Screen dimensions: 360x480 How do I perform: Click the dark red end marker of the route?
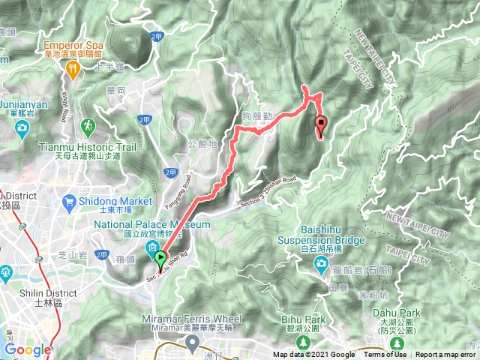[322, 124]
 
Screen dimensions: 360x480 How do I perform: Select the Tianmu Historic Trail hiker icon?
[88, 124]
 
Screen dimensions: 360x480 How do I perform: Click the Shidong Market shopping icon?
[70, 201]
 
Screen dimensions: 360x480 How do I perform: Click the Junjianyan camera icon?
[22, 127]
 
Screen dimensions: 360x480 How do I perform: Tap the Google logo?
[28, 349]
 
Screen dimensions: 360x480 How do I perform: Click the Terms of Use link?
[386, 355]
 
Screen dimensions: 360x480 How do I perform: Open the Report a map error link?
[446, 355]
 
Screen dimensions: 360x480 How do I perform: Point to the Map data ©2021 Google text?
[313, 355]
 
